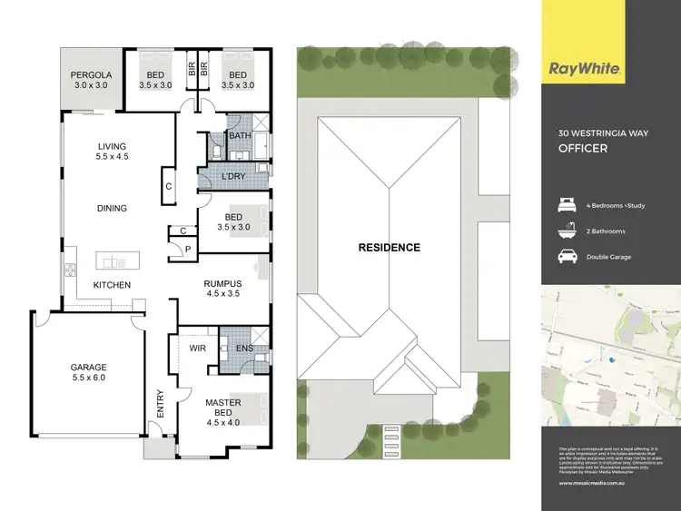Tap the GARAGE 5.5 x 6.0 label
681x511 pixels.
coord(89,373)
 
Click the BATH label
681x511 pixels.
coord(240,136)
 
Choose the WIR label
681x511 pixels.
coord(199,347)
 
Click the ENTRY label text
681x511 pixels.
coord(161,403)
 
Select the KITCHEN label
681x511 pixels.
coord(113,285)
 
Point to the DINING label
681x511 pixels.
coord(113,208)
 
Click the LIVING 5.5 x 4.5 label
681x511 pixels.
coord(113,152)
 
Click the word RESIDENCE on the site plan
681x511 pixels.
coord(389,247)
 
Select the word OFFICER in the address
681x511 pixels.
coord(583,148)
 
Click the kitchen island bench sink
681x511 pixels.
coord(115,262)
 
